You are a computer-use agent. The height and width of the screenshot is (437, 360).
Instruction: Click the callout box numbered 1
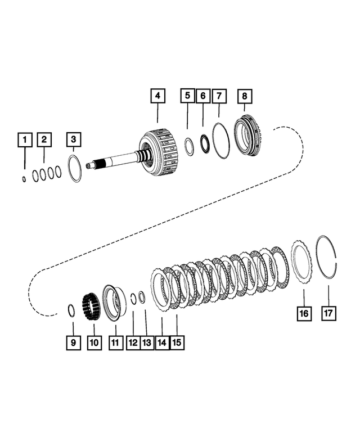coord(24,138)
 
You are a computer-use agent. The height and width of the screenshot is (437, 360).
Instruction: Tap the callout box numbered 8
coord(245,96)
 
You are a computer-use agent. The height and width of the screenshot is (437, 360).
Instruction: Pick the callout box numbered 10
coord(94,342)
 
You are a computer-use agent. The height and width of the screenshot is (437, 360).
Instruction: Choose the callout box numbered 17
coord(328,313)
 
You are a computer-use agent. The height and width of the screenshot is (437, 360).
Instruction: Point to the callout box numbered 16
coord(303,313)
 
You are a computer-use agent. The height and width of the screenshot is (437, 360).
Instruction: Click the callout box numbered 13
coord(147,342)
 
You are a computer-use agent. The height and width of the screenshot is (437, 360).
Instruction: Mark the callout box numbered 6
coord(202,96)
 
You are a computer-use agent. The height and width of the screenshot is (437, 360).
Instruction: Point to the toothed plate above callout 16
coord(301,262)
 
